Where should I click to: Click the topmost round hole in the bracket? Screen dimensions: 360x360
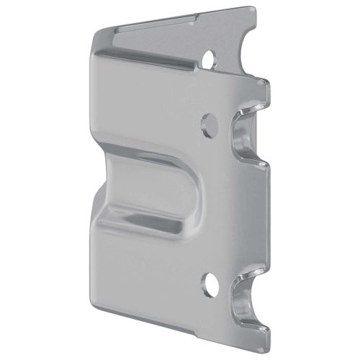[x=210, y=57]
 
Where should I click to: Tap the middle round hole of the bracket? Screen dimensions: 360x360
[x=210, y=125]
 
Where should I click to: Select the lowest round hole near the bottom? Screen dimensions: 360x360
[x=209, y=285]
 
